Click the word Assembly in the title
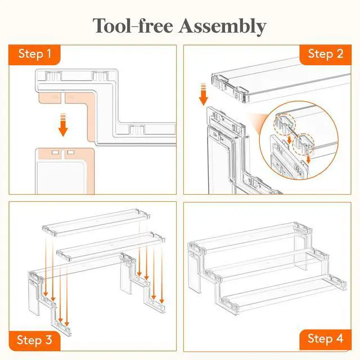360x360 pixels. (x=222, y=26)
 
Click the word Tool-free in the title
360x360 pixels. (x=133, y=25)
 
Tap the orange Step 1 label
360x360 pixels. (x=34, y=55)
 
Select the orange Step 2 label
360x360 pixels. (x=326, y=55)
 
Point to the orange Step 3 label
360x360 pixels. (x=34, y=340)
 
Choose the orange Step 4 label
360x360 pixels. (x=326, y=339)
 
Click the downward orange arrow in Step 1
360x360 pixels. (x=63, y=125)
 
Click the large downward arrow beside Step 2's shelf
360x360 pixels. (x=204, y=94)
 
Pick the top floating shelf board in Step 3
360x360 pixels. (x=96, y=222)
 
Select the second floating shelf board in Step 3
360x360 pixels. (x=111, y=246)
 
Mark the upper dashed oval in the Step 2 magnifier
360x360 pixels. (x=284, y=124)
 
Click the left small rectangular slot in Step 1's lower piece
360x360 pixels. (x=55, y=152)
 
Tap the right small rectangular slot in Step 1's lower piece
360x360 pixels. (x=71, y=152)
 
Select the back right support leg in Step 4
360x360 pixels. (x=300, y=250)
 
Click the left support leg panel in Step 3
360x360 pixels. (x=35, y=296)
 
